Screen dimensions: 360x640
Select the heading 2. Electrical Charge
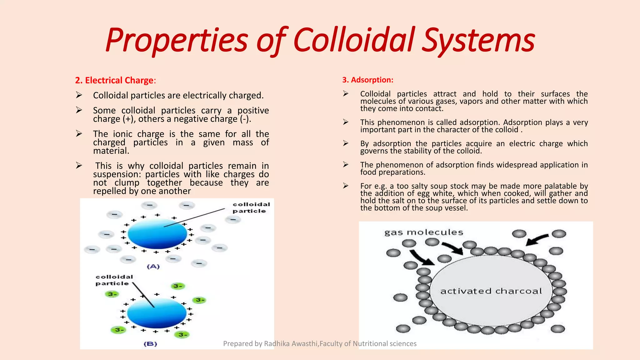click(115, 80)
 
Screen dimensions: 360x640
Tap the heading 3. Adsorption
click(367, 80)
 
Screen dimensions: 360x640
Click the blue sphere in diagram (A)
click(157, 233)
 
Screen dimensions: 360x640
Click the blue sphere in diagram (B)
click(157, 313)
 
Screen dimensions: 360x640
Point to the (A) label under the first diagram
click(153, 266)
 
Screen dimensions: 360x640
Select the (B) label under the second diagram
click(150, 344)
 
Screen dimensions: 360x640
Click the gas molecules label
click(423, 232)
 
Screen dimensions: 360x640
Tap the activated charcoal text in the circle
click(491, 291)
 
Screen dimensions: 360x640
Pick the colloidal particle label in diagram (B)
click(114, 280)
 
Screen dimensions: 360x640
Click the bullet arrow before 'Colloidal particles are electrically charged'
click(79, 95)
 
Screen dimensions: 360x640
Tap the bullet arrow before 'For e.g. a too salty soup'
click(346, 186)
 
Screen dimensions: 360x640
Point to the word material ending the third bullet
click(111, 151)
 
